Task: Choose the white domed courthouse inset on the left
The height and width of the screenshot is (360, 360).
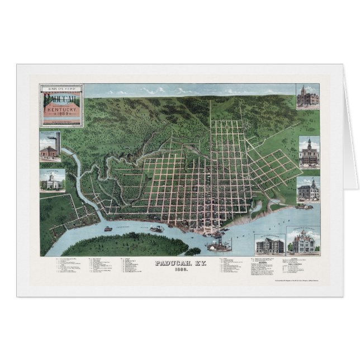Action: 52,180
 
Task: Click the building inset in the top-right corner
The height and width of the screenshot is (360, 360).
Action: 307,97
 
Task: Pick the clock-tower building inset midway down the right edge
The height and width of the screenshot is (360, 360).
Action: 309,151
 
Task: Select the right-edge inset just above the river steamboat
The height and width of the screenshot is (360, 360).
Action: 308,190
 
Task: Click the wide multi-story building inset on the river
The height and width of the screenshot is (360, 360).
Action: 269,241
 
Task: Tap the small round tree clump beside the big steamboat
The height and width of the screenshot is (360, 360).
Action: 193,251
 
